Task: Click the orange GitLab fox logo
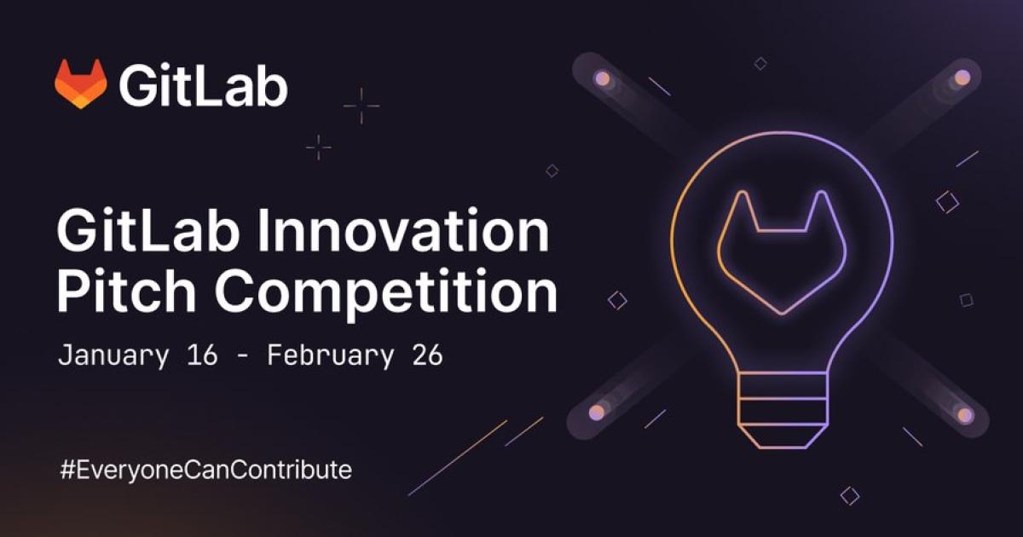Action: (81, 84)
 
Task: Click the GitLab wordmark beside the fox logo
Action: (203, 85)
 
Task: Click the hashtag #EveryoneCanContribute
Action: (205, 469)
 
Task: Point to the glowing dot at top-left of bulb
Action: (602, 78)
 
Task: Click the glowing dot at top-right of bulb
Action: (962, 78)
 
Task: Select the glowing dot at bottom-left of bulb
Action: (597, 412)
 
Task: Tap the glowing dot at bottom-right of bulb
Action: (965, 415)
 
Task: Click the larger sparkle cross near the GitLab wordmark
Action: (361, 106)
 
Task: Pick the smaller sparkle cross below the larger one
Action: (319, 147)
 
